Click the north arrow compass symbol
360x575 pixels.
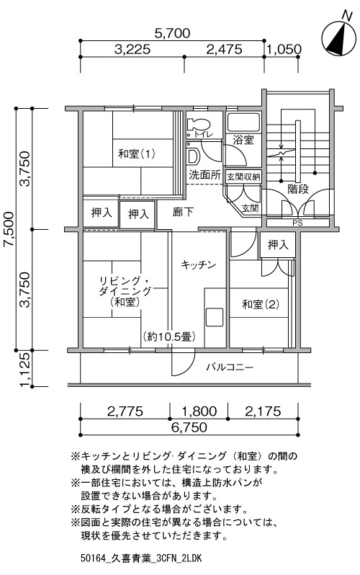[338, 37]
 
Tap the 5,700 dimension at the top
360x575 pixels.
[172, 33]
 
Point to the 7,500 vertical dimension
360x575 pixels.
[9, 229]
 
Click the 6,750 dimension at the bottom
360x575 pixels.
[189, 427]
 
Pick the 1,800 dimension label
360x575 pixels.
[199, 411]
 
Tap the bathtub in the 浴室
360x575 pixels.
[243, 122]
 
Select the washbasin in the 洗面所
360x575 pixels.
[192, 155]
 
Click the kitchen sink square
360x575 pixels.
[214, 317]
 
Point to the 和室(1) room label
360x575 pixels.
[136, 153]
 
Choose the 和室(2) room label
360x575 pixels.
[261, 304]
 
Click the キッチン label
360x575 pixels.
[198, 264]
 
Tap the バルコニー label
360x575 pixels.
[230, 367]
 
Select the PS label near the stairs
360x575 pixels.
[297, 223]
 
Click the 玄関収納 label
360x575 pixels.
[243, 177]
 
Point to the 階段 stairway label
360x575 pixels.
[298, 189]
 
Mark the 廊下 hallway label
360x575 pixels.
[183, 212]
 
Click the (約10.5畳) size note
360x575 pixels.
[168, 336]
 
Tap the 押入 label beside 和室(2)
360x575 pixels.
[278, 244]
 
